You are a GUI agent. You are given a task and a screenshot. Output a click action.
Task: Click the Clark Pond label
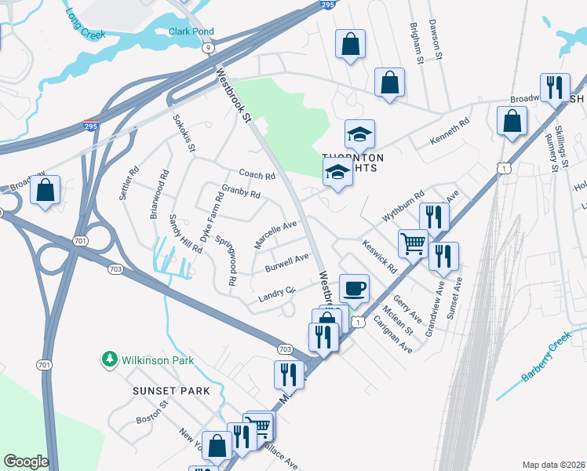point(191,32)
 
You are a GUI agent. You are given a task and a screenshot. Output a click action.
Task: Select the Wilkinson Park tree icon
point(109,360)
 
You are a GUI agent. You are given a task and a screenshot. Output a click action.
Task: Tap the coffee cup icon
point(354,288)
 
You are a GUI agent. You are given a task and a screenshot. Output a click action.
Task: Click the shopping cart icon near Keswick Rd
point(413,243)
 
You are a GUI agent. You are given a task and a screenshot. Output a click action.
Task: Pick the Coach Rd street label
point(257,175)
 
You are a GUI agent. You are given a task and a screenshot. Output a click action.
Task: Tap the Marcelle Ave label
point(275,234)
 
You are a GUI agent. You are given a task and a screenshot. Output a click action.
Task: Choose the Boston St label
point(152,414)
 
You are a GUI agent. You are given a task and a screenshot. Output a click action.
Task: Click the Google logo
point(26,461)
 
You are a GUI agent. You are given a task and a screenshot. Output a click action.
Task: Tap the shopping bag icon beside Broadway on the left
point(46,190)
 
